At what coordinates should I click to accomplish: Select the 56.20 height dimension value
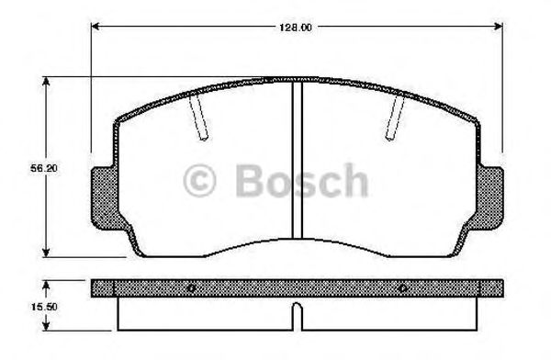click(x=35, y=169)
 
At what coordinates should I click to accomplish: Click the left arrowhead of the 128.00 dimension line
click(x=96, y=28)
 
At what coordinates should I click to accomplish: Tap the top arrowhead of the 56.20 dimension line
click(x=47, y=84)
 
